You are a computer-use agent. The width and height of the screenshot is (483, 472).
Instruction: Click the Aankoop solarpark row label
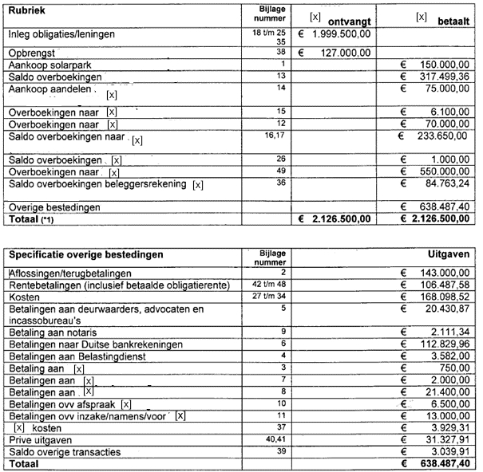point(45,65)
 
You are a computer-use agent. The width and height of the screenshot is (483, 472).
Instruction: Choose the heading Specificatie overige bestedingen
point(86,255)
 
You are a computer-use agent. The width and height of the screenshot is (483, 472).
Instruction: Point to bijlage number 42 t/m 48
point(267,284)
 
